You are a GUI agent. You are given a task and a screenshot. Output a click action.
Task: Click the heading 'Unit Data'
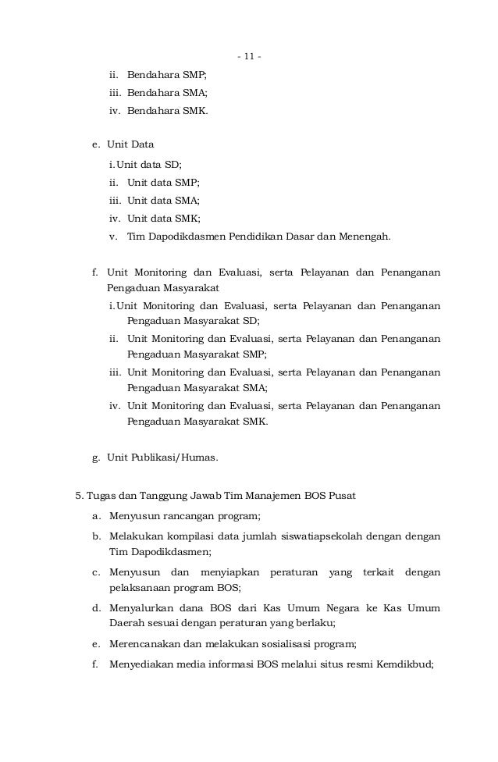[130, 144]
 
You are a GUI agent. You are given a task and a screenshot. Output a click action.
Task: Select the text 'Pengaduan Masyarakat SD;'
[194, 321]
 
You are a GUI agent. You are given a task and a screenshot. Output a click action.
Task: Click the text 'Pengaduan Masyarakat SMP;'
[196, 354]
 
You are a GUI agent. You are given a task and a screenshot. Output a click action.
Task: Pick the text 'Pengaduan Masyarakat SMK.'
[197, 422]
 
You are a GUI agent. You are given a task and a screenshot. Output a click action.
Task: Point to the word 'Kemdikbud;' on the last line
[409, 665]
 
